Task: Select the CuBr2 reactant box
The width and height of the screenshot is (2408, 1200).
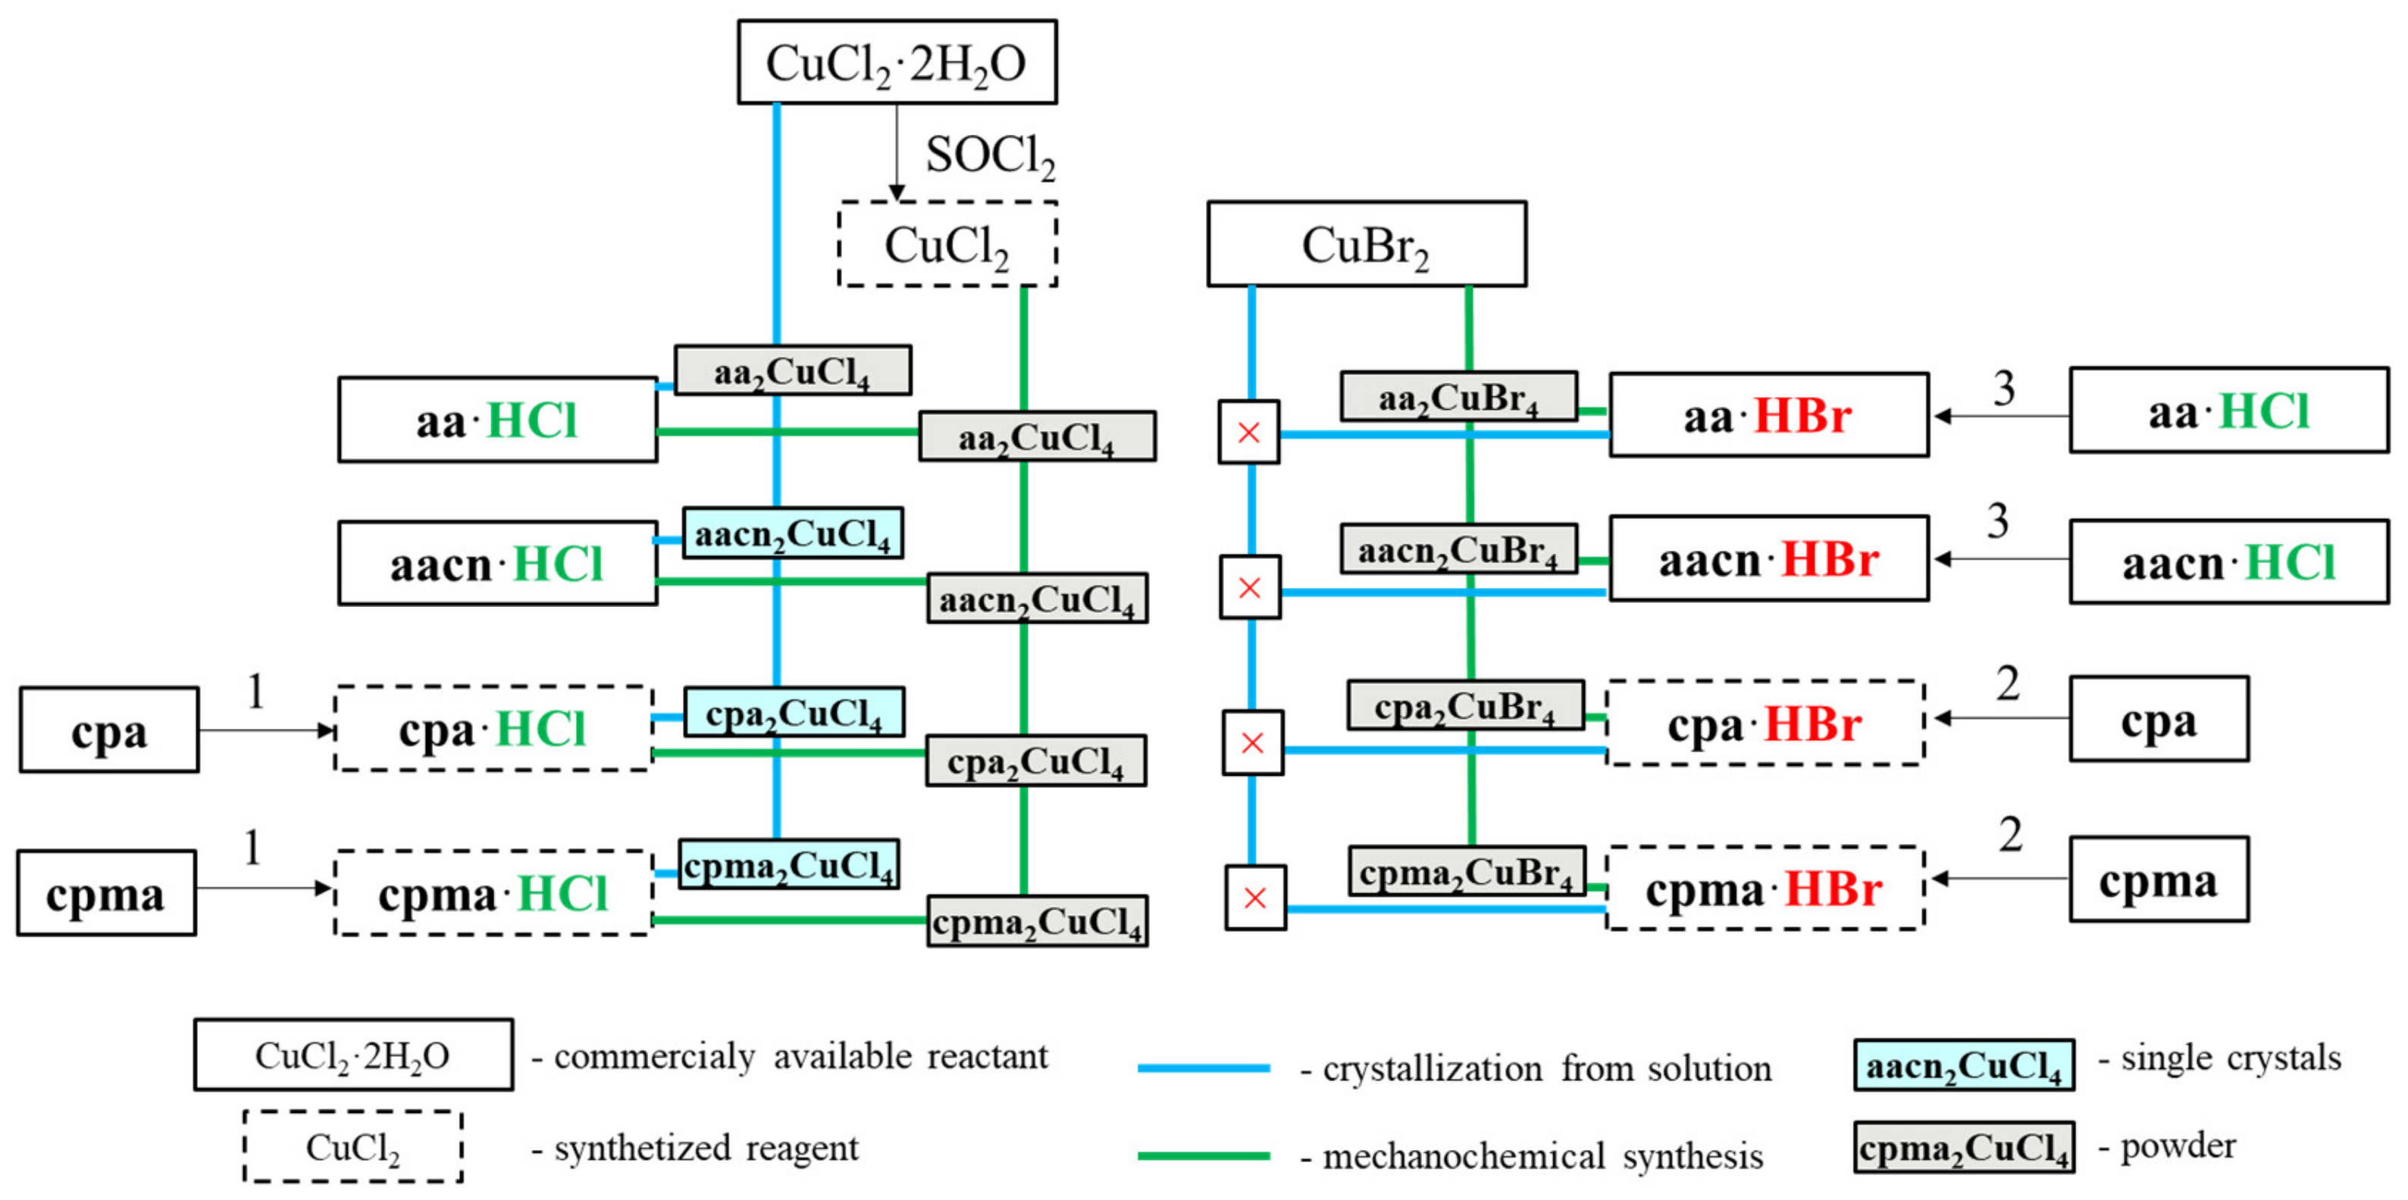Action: [1366, 244]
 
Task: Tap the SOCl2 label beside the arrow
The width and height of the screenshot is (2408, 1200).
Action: [990, 155]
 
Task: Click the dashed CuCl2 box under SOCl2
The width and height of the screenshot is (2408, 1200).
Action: [947, 244]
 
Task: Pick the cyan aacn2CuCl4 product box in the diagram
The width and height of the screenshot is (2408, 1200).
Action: [792, 533]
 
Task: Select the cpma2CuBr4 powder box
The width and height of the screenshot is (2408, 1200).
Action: [1466, 871]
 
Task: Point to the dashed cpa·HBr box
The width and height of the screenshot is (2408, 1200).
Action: [1764, 723]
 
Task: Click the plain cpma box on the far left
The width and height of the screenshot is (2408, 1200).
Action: [105, 892]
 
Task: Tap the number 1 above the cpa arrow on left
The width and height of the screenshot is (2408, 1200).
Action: [255, 691]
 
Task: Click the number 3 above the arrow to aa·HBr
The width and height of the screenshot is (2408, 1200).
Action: [2002, 388]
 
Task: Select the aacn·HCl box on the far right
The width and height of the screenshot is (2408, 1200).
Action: [2228, 561]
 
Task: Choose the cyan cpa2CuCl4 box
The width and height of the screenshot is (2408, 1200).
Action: [794, 712]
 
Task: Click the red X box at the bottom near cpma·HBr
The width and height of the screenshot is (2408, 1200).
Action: [1254, 897]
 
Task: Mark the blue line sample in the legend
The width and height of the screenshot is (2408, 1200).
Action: [1203, 1067]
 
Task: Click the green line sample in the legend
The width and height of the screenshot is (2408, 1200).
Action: [1203, 1155]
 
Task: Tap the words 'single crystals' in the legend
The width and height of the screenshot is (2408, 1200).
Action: [2231, 1058]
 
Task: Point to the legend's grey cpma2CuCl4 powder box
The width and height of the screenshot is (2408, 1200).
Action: [1963, 1148]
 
